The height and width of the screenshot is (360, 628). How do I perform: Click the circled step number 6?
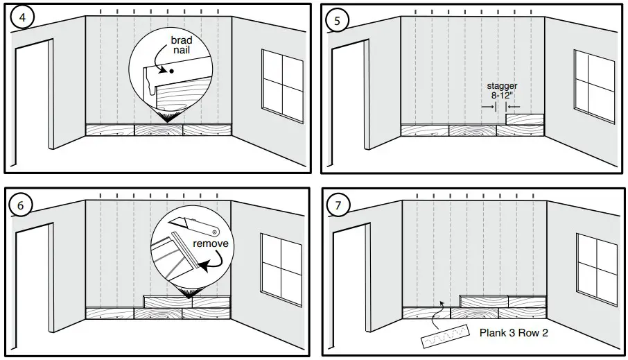[21, 206]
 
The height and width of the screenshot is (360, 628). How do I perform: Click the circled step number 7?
[338, 206]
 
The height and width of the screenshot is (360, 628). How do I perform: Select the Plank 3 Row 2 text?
[514, 332]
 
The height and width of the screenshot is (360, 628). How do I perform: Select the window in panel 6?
[281, 268]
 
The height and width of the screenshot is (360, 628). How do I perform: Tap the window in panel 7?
[596, 268]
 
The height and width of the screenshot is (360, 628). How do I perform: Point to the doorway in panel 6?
[35, 284]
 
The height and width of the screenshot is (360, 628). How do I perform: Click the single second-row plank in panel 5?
[524, 119]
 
